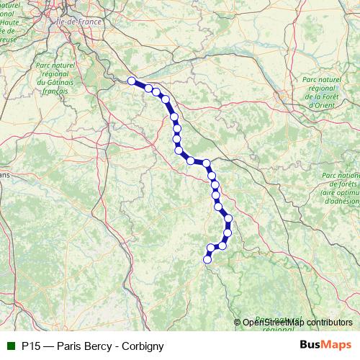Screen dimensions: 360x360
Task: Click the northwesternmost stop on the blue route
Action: (x=132, y=81)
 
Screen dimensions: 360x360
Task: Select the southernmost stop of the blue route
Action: (x=207, y=260)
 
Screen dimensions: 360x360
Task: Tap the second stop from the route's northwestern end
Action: (x=148, y=89)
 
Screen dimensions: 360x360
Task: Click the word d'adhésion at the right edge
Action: (x=341, y=201)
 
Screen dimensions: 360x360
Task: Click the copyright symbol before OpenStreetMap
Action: (x=238, y=322)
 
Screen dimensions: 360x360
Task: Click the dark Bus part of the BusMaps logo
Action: (x=311, y=346)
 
